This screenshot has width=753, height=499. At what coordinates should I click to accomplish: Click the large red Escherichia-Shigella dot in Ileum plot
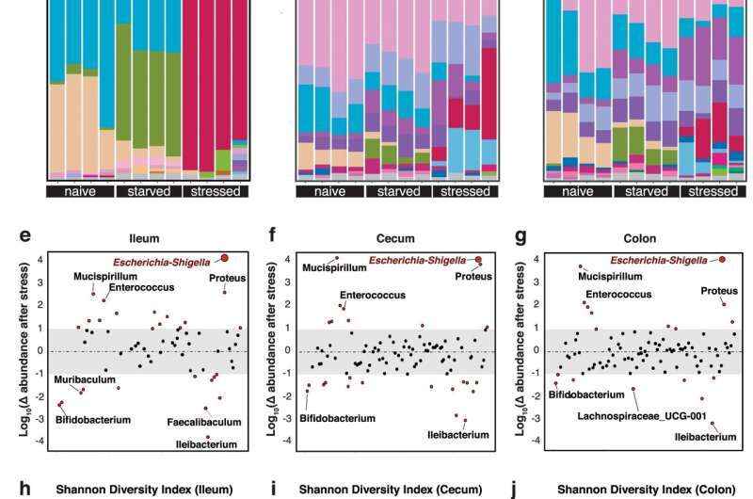(224, 258)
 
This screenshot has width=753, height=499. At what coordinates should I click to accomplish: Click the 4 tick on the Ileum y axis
(40, 260)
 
